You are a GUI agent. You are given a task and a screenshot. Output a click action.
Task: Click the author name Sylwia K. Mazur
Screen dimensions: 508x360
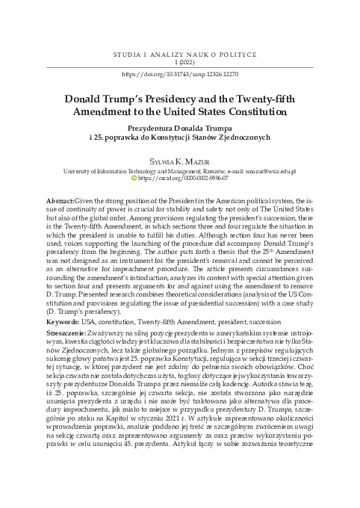click(x=179, y=160)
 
